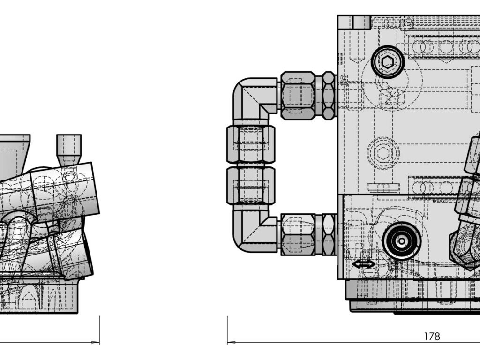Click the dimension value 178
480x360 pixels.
click(432, 337)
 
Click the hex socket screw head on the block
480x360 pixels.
click(388, 62)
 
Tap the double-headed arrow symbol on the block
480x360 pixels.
click(363, 264)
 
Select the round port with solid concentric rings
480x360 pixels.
click(402, 241)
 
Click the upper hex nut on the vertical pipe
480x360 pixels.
click(251, 144)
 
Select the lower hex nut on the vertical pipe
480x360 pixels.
click(251, 186)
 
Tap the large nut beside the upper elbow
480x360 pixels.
click(298, 96)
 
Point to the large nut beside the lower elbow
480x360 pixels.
click(298, 235)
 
